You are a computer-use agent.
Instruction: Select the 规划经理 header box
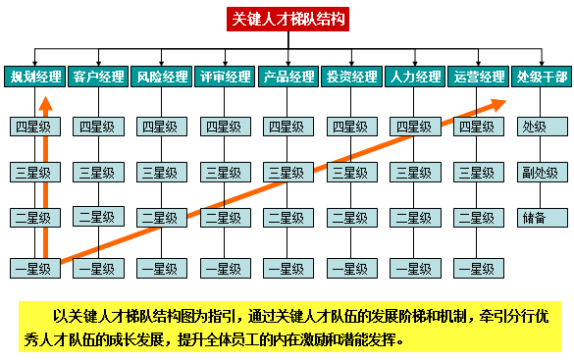[35, 77]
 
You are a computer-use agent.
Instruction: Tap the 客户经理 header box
[99, 77]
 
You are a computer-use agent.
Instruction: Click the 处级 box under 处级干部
[536, 127]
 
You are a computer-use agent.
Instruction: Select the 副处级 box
[536, 172]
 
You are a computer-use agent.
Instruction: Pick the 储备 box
[536, 218]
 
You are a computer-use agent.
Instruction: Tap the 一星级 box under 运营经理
[476, 268]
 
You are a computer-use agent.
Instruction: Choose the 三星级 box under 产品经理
[286, 172]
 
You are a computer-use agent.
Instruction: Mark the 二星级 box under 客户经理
[96, 218]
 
